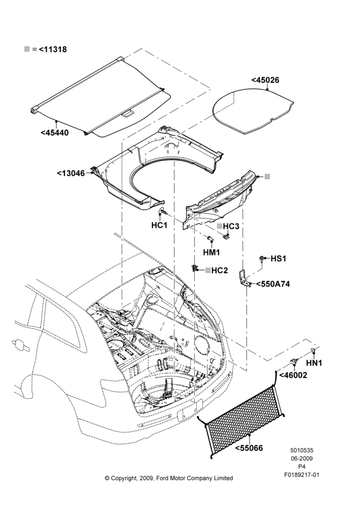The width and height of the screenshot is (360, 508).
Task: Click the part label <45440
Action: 55,133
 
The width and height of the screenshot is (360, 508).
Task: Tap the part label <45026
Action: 265,80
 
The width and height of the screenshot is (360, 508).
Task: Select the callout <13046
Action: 71,173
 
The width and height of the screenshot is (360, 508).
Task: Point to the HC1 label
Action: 159,225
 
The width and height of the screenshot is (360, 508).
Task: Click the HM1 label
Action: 212,252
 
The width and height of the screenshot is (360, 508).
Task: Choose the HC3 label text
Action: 231,226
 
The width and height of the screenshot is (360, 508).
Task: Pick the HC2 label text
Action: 220,270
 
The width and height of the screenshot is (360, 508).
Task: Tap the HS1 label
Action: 278,259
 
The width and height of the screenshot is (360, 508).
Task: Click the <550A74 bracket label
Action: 273,284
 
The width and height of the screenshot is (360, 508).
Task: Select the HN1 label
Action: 314,363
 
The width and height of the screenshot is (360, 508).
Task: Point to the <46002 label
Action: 293,375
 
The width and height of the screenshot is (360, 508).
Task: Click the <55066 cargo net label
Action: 249,449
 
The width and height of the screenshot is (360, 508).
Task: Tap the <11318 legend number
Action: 53,49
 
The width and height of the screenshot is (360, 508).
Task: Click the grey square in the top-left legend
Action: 27,49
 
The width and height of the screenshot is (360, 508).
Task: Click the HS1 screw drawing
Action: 261,258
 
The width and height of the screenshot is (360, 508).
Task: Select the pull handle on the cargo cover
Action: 127,114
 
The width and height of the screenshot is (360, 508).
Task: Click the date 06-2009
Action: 302,458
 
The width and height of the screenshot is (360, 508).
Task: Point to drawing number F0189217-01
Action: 302,474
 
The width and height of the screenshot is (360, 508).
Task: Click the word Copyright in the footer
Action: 125,478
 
